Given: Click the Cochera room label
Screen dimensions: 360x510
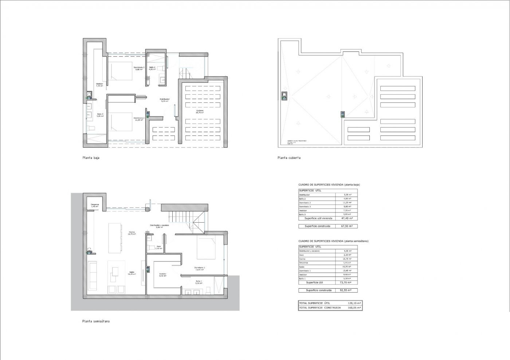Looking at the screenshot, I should pyautogui.click(x=199, y=111).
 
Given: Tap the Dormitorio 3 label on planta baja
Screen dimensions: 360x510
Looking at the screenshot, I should pyautogui.click(x=139, y=68).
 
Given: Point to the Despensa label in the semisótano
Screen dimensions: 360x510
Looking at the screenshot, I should pyautogui.click(x=95, y=205).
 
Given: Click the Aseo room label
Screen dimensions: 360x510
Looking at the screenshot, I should pyautogui.click(x=158, y=247).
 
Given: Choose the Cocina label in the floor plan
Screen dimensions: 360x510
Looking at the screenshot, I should pyautogui.click(x=132, y=233).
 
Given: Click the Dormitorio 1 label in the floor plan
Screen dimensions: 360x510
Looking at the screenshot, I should pyautogui.click(x=199, y=269).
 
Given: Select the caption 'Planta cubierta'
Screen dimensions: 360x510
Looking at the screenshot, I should pyautogui.click(x=289, y=158).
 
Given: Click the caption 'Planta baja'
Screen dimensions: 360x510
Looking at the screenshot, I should pyautogui.click(x=91, y=158).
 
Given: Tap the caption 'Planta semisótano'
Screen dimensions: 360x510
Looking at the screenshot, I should pyautogui.click(x=96, y=321).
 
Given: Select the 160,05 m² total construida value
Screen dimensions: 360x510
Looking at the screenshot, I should pyautogui.click(x=354, y=308).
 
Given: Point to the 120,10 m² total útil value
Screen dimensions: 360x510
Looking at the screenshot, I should pyautogui.click(x=354, y=303).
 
